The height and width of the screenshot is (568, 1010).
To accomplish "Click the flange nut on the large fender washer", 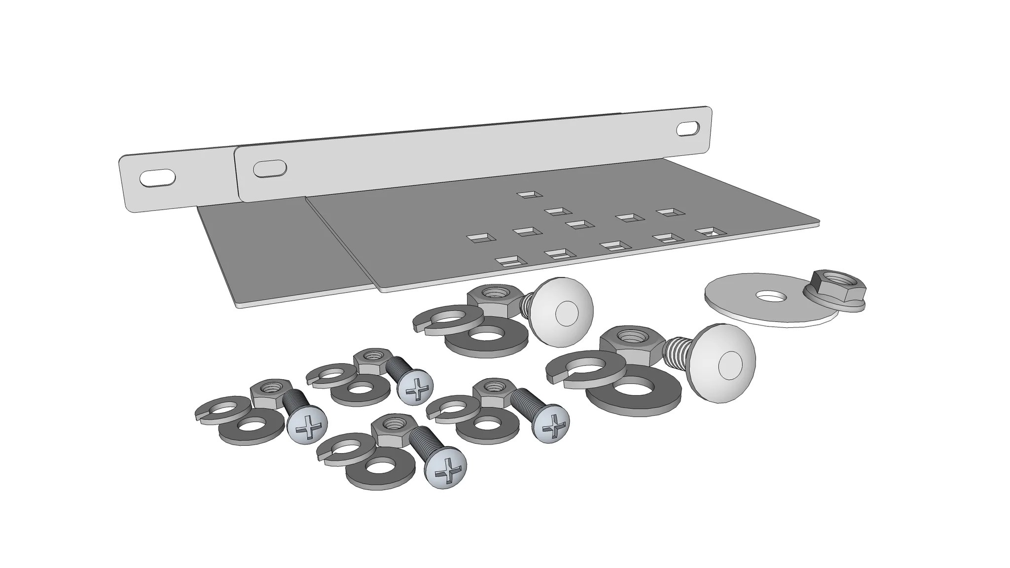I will pos(834,289).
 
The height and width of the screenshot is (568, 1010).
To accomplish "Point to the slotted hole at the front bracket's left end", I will pos(270,168).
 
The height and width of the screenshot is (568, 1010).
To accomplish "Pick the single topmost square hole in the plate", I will pos(529,195).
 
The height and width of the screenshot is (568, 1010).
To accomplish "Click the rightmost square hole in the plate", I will pos(710,231).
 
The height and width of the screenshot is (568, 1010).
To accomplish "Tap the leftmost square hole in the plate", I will pos(481,238).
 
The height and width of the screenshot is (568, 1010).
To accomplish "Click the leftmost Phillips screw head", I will pos(307,426).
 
